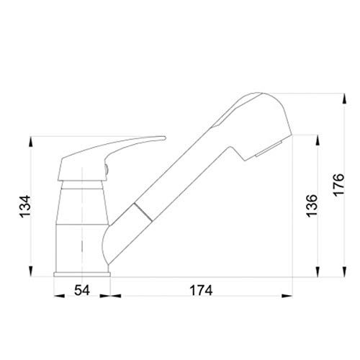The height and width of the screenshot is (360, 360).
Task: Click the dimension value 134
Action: click(25, 207)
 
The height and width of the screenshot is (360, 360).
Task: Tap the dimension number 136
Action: click(312, 206)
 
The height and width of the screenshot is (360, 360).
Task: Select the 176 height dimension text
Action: click(338, 184)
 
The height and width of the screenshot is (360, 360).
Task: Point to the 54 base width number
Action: click(82, 290)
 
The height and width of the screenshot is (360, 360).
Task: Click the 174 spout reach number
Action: click(201, 290)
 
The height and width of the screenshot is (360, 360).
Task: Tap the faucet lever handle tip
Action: click(164, 138)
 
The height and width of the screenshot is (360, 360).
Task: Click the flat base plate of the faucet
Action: click(82, 274)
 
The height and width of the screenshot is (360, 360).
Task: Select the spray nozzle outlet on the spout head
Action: click(269, 149)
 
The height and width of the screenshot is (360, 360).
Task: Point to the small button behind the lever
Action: click(107, 170)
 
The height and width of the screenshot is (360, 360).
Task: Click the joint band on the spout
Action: click(143, 212)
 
